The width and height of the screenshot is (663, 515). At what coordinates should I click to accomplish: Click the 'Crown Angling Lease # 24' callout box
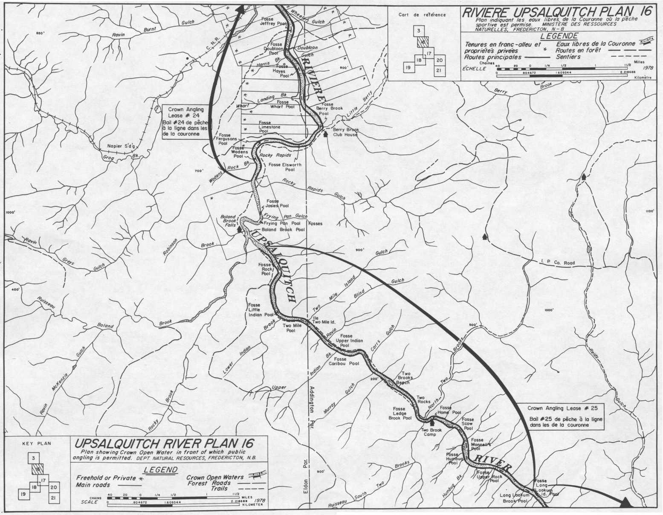tap(186, 122)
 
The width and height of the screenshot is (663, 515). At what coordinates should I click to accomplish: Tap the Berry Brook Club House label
tap(345, 132)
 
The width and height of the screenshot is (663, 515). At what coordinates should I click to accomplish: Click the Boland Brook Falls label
tap(229, 221)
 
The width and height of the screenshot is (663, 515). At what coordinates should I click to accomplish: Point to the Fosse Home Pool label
tap(449, 411)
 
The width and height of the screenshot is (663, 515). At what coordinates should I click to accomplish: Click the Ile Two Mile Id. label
tap(324, 320)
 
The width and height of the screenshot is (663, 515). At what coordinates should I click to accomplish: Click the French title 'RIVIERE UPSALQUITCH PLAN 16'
tap(557, 11)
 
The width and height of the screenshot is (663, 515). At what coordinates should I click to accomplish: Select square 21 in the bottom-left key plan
tap(54, 497)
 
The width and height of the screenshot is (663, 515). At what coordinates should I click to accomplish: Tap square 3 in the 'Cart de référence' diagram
tap(419, 31)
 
